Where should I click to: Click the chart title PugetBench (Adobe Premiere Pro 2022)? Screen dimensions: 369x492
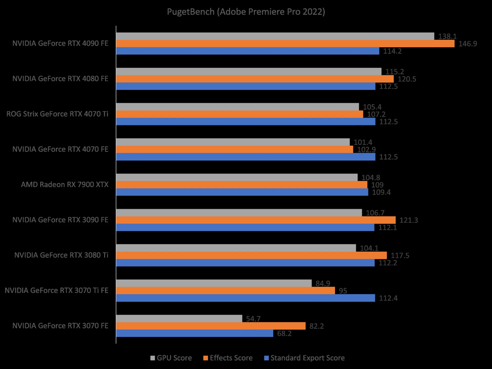(x=246, y=12)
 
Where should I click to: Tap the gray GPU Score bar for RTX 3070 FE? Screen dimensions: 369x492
(x=179, y=319)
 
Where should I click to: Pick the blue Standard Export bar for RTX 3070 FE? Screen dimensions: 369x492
(x=195, y=333)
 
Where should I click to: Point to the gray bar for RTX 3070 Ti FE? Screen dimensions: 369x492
(x=214, y=283)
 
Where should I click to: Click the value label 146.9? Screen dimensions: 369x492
(x=468, y=44)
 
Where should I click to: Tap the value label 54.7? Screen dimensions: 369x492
(x=253, y=319)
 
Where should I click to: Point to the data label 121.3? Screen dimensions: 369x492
(x=409, y=220)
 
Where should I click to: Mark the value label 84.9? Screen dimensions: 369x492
(x=323, y=283)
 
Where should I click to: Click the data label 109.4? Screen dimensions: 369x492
(x=381, y=192)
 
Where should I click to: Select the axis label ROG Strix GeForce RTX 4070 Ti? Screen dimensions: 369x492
(x=57, y=114)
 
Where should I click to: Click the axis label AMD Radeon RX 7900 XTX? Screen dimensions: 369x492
(x=65, y=185)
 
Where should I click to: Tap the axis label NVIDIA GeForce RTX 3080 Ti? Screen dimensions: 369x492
(x=61, y=255)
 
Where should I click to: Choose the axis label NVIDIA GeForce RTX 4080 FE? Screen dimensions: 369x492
(x=60, y=79)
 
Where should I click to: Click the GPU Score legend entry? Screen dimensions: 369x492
(x=171, y=358)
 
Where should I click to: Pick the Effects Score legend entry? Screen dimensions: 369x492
(x=228, y=358)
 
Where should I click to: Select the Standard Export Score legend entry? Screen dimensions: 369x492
(x=304, y=358)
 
